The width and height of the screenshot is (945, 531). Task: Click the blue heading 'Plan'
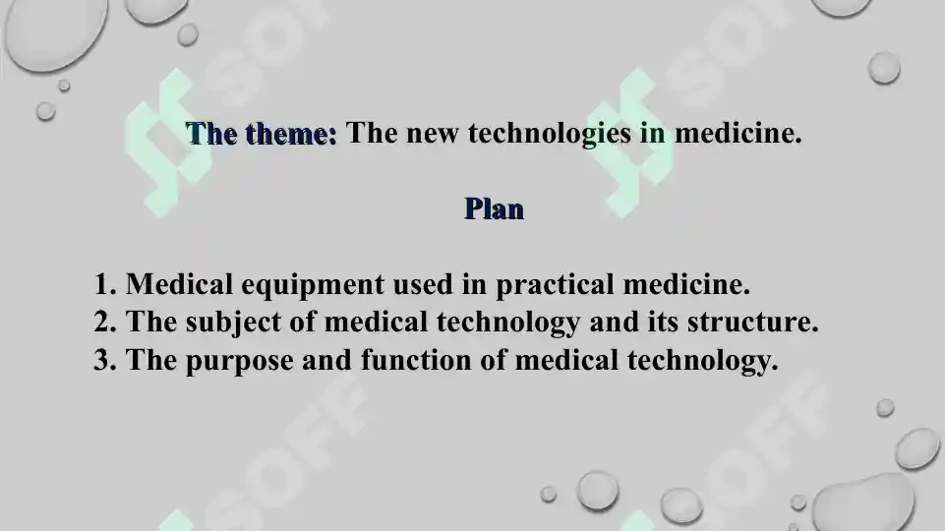click(494, 208)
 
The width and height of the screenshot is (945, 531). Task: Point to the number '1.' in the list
click(106, 285)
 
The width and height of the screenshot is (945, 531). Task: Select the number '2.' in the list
click(106, 322)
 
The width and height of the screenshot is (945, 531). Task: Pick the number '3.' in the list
click(106, 360)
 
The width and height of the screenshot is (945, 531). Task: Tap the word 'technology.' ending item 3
click(702, 362)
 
